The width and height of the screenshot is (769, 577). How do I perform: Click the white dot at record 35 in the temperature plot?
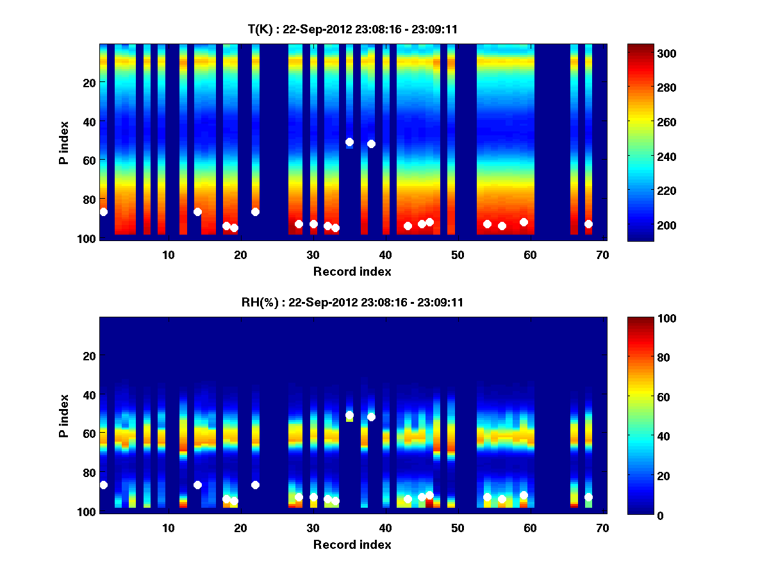349,142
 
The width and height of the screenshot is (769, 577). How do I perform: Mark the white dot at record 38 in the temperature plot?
371,144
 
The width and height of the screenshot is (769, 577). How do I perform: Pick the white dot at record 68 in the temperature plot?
588,224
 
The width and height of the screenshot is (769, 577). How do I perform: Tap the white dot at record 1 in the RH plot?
104,485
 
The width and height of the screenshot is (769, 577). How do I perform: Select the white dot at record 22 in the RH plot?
255,485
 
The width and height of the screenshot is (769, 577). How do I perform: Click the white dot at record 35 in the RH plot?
349,415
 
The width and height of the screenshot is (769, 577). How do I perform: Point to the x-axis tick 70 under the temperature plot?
602,255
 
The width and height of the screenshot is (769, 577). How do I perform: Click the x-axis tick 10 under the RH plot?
168,528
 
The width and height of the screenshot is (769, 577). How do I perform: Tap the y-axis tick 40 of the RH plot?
90,395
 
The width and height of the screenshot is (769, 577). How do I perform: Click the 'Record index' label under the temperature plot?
352,271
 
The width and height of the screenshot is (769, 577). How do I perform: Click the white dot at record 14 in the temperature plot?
197,212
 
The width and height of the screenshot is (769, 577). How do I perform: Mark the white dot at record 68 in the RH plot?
588,497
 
